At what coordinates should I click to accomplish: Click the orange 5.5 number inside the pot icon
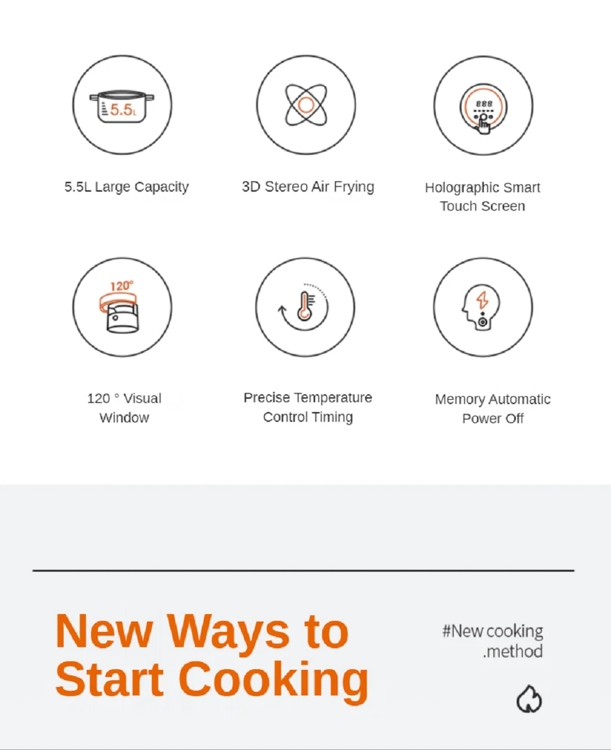click(x=120, y=110)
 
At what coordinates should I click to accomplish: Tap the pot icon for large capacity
click(x=122, y=107)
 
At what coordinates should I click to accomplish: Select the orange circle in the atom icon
click(x=306, y=105)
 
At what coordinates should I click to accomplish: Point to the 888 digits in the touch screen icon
click(x=484, y=104)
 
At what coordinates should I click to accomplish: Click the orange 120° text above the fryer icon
click(x=122, y=286)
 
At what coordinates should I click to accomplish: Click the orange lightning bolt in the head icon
click(x=483, y=300)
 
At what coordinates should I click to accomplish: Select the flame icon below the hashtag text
click(x=529, y=699)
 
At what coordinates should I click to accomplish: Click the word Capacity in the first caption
click(x=161, y=187)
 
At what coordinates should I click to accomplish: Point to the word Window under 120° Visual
click(x=124, y=418)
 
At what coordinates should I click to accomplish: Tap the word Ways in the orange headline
click(x=228, y=634)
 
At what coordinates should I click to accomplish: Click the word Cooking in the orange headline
click(x=273, y=680)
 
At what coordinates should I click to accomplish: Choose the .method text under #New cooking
click(x=513, y=651)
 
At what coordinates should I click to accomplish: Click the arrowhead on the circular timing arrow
click(x=282, y=309)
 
